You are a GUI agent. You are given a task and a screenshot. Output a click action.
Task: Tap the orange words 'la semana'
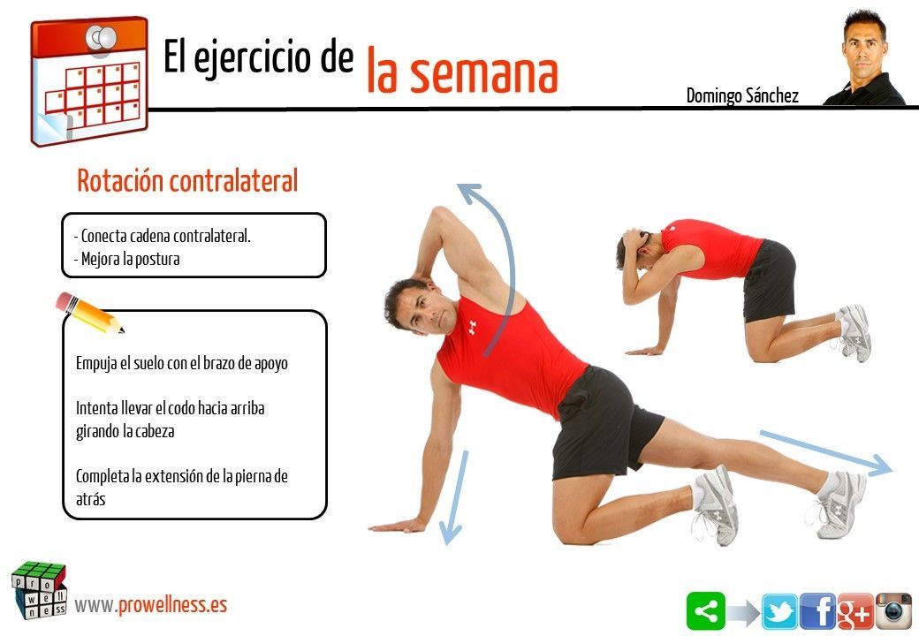click(462, 72)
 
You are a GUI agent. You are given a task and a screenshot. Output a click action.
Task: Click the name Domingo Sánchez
click(742, 96)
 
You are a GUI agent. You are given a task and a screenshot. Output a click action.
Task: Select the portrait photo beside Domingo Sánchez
click(864, 57)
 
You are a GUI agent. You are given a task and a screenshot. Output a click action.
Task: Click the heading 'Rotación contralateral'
click(187, 180)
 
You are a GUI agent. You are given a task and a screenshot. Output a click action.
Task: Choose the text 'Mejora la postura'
click(127, 259)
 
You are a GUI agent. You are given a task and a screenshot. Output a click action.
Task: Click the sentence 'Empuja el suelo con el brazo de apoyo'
click(182, 363)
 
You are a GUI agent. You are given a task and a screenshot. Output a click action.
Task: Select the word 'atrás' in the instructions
click(91, 499)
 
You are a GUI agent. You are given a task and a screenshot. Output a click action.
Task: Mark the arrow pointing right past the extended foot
click(826, 452)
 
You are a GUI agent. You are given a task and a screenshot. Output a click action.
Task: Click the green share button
click(706, 610)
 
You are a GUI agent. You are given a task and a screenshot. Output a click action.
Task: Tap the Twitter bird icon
click(779, 611)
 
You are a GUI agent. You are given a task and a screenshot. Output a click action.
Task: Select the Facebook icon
click(817, 611)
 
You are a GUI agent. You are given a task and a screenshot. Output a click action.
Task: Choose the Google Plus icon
click(855, 611)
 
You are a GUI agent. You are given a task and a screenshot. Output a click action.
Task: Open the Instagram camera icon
click(893, 611)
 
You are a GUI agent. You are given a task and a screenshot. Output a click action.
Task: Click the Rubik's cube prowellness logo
click(39, 590)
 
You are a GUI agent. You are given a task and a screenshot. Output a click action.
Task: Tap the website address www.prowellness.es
click(150, 605)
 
